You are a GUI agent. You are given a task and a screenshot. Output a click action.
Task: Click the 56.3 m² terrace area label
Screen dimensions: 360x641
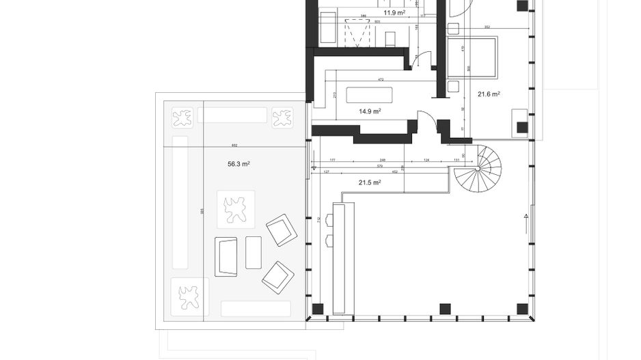click(238, 164)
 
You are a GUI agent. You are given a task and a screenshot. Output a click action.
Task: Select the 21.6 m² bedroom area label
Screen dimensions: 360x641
click(489, 94)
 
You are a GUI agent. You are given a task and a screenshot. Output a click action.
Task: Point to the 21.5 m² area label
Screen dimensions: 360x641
click(370, 182)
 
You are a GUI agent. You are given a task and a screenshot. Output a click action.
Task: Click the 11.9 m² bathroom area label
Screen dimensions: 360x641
click(394, 12)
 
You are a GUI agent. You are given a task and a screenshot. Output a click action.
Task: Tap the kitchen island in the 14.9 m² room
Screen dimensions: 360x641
click(370, 94)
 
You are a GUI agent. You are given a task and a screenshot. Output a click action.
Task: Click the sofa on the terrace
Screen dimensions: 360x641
click(226, 257)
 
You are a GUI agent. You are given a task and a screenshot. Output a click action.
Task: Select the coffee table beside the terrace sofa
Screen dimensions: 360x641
click(254, 252)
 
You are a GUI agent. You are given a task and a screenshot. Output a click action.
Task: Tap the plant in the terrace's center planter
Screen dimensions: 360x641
click(236, 209)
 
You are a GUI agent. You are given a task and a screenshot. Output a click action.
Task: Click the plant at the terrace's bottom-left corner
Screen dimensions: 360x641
click(187, 297)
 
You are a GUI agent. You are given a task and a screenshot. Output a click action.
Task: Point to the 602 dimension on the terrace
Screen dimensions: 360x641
click(234, 145)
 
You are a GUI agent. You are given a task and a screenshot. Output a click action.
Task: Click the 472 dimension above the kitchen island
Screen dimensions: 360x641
click(381, 79)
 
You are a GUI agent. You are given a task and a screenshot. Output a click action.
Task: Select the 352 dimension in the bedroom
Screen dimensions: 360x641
click(487, 27)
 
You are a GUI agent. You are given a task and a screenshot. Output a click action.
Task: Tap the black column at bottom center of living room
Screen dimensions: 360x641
click(445, 308)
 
